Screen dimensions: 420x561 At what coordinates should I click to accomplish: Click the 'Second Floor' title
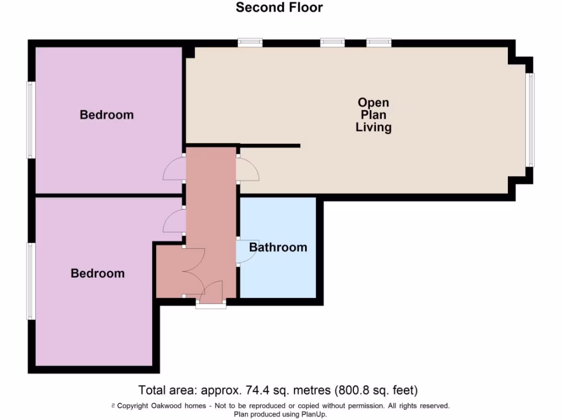click(x=279, y=8)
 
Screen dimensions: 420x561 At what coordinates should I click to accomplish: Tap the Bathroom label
click(x=278, y=247)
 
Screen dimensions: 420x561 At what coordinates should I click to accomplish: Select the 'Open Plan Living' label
click(x=374, y=115)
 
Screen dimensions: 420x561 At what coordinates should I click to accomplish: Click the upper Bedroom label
click(x=107, y=115)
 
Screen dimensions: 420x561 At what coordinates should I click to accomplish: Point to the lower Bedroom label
click(x=98, y=273)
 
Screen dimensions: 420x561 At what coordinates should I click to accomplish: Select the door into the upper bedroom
click(x=174, y=169)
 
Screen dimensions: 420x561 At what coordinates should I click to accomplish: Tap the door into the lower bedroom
click(x=174, y=221)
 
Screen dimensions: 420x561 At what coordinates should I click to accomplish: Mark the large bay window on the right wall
click(x=530, y=120)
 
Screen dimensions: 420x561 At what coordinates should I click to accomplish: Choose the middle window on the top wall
click(x=332, y=42)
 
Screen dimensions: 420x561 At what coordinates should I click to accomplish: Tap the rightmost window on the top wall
click(x=379, y=42)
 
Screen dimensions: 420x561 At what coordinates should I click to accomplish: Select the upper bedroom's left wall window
click(x=31, y=120)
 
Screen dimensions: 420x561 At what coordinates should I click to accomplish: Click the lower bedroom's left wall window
click(x=31, y=281)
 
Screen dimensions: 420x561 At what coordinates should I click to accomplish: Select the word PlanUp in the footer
click(x=311, y=414)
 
